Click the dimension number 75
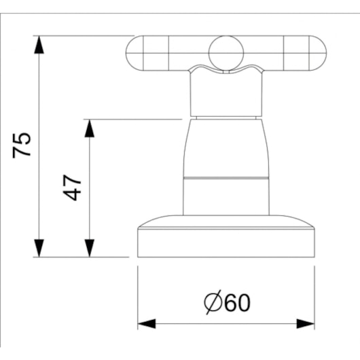pos(21,145)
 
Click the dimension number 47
pos(72,187)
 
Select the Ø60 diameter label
pos(227,302)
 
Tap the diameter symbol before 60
pos(213,302)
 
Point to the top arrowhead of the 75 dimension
pos(39,45)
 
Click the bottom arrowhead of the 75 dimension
pos(39,248)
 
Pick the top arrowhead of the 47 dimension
pos(89,128)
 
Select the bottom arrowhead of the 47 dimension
pos(89,248)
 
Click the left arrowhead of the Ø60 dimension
pos(147,324)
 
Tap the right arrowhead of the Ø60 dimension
pos(306,324)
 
